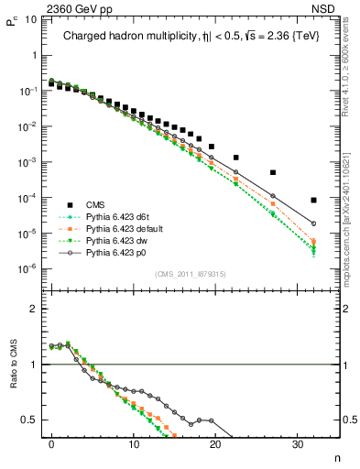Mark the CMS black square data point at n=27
tap(272, 172)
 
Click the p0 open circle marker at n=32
tap(313, 224)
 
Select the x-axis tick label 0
tap(51, 444)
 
